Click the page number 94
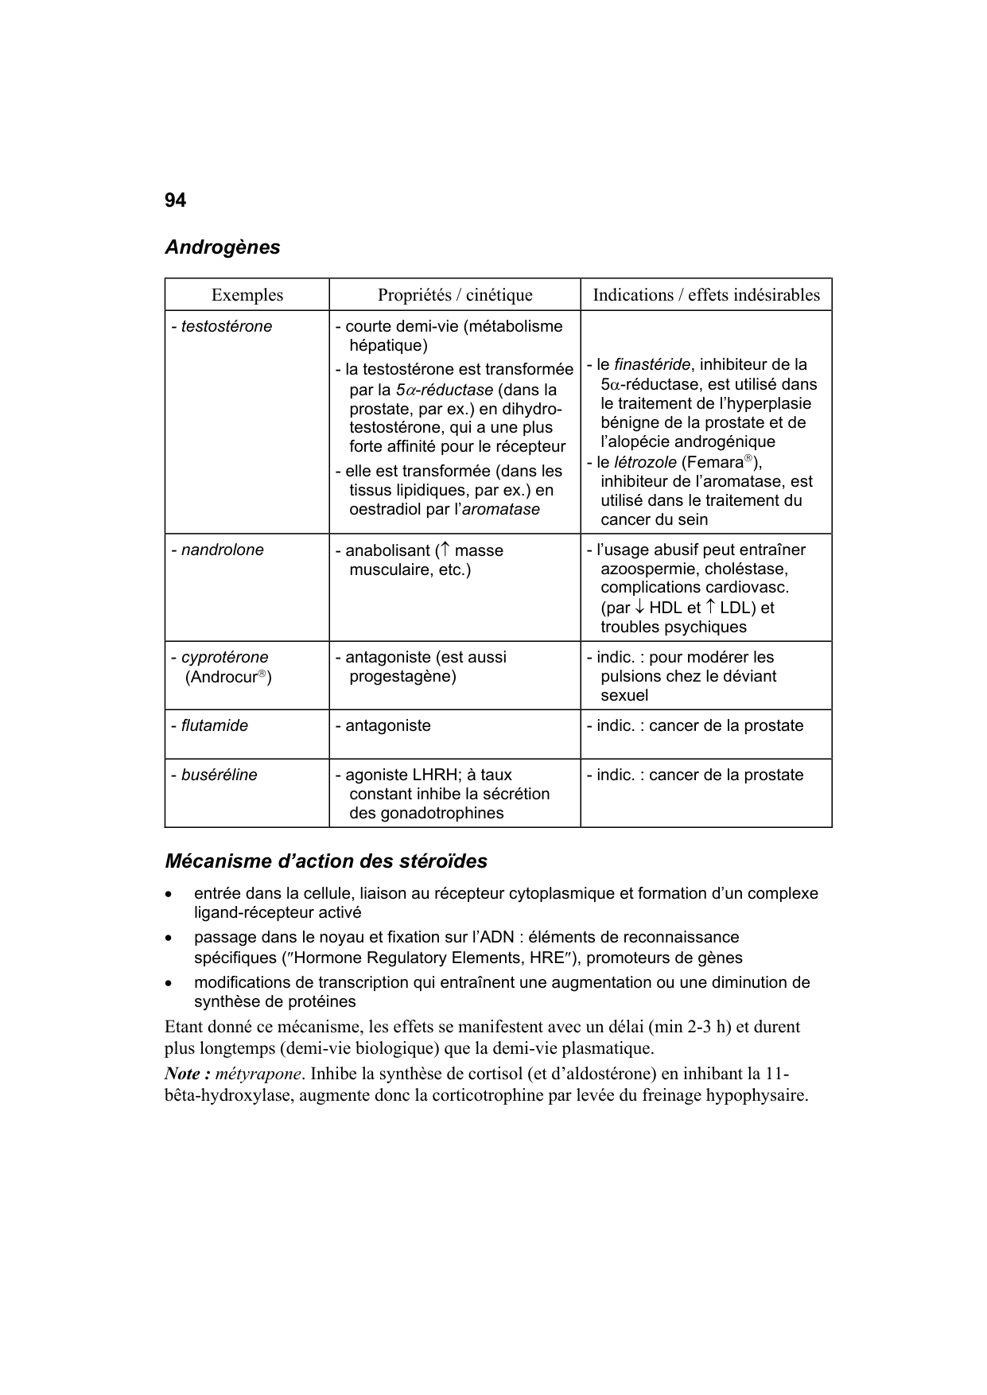(175, 200)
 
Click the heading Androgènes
(222, 247)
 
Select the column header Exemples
(247, 295)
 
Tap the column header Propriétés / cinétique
(455, 295)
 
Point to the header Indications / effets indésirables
(705, 295)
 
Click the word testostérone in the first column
(226, 327)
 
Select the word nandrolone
(222, 550)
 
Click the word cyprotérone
(224, 658)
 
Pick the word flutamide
(214, 726)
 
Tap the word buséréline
(219, 775)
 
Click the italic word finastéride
(652, 365)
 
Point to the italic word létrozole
(645, 463)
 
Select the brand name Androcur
(225, 678)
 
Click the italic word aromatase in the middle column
(501, 510)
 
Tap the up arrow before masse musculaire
(445, 550)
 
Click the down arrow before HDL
(639, 608)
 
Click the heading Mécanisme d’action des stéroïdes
(325, 861)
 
